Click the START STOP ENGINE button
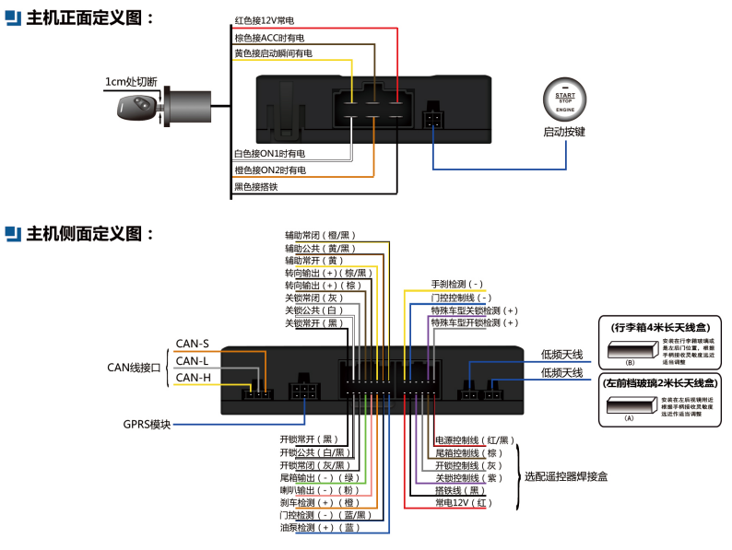pyautogui.click(x=565, y=101)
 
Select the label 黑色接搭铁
pyautogui.click(x=257, y=186)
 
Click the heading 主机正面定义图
pyautogui.click(x=89, y=18)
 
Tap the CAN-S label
pyautogui.click(x=192, y=344)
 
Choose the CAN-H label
pyautogui.click(x=193, y=377)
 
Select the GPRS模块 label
pyautogui.click(x=147, y=425)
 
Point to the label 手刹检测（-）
pyautogui.click(x=457, y=285)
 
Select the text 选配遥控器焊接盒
pyautogui.click(x=565, y=476)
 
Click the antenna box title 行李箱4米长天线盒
pyautogui.click(x=659, y=327)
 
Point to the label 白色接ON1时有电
pyautogui.click(x=269, y=153)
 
